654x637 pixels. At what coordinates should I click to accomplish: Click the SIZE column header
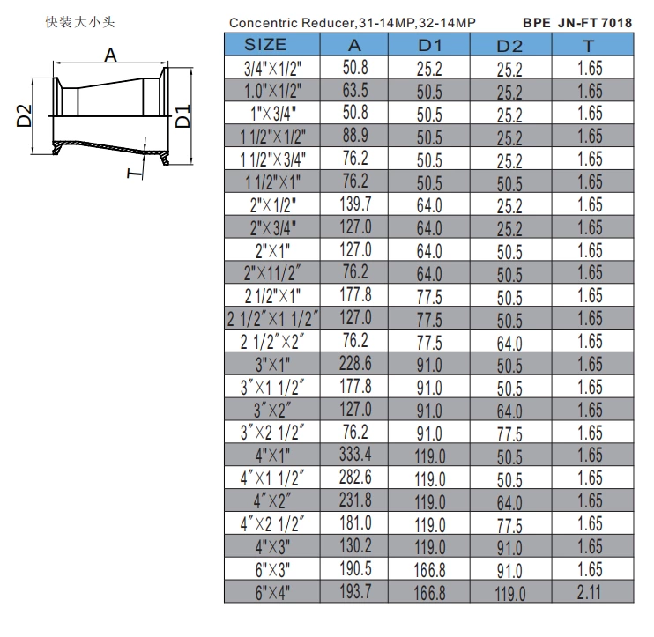click(265, 44)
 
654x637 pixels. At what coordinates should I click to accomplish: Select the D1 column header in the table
click(429, 45)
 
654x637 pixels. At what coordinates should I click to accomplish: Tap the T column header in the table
click(590, 45)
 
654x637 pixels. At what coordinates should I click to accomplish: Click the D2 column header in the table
click(509, 45)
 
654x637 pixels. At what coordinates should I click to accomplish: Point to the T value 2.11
click(590, 593)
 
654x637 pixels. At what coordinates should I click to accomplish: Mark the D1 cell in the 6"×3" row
click(429, 571)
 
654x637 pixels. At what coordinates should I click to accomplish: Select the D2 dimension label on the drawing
click(24, 115)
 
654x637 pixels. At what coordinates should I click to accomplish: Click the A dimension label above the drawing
click(110, 55)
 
